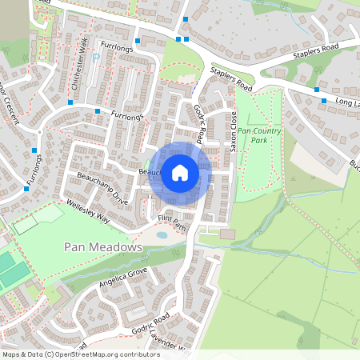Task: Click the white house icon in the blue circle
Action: click(180, 173)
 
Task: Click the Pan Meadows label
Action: click(102, 248)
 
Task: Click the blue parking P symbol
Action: click(96, 58)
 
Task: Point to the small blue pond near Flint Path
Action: click(162, 235)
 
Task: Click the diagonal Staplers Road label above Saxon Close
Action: click(232, 78)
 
